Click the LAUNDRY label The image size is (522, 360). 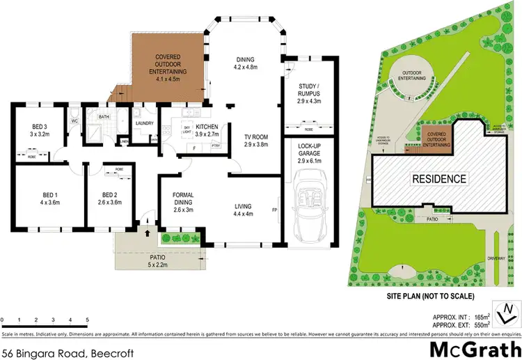pyautogui.click(x=144, y=123)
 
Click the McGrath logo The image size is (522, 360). pyautogui.click(x=475, y=347)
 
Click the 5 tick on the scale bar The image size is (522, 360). pyautogui.click(x=87, y=320)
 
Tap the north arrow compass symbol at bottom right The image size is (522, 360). pyautogui.click(x=506, y=313)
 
